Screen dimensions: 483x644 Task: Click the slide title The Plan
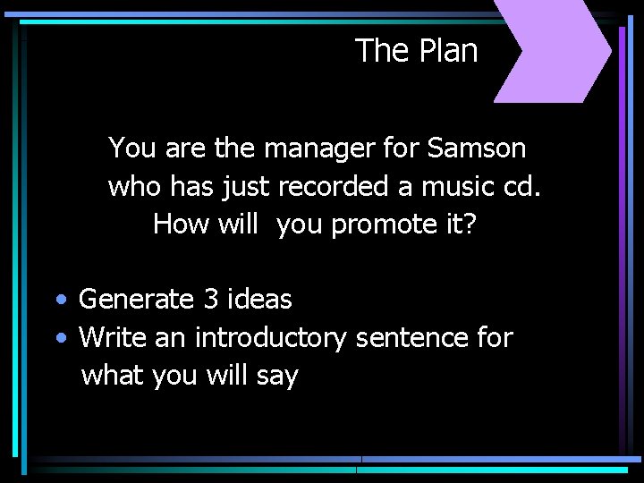tap(416, 51)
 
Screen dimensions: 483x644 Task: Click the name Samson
tap(477, 148)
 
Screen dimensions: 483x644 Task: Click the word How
tap(182, 224)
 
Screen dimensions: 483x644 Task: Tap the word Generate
tap(137, 300)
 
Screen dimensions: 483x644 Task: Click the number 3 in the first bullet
tap(211, 299)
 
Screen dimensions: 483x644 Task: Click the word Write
tap(113, 338)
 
